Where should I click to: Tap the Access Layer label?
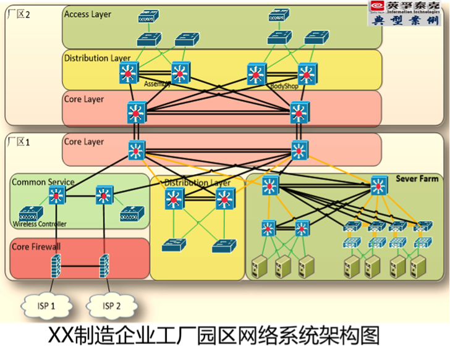point(88,14)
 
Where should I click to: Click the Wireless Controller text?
point(40,224)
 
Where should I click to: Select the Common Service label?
point(43,182)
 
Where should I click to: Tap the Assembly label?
point(157,85)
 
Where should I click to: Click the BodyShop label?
point(284,86)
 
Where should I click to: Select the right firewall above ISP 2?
point(104,266)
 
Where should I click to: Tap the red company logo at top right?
point(378,7)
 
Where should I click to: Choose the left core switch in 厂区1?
point(137,150)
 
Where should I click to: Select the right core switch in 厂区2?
point(300,112)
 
